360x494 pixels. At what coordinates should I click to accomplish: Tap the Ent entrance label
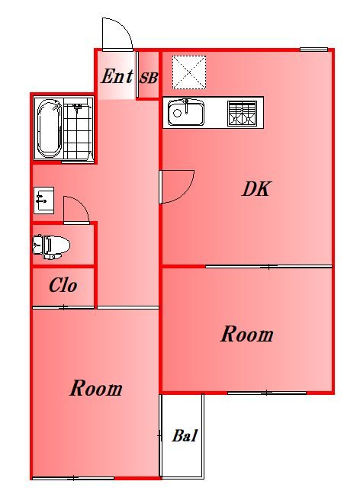(117, 77)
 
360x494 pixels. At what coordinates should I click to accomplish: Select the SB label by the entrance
(148, 77)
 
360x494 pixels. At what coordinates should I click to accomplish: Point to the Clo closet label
(63, 287)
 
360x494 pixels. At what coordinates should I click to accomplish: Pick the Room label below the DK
(247, 335)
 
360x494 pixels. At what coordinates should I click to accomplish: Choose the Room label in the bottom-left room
(96, 389)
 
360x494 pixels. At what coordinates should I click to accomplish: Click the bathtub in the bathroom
(50, 128)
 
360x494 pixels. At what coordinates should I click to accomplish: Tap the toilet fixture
(50, 245)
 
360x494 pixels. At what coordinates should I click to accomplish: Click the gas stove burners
(243, 113)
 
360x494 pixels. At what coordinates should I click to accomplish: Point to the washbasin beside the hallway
(43, 200)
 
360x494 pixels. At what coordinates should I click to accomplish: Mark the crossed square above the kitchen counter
(188, 72)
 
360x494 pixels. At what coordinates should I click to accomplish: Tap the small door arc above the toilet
(76, 209)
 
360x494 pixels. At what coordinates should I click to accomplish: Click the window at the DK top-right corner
(313, 50)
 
